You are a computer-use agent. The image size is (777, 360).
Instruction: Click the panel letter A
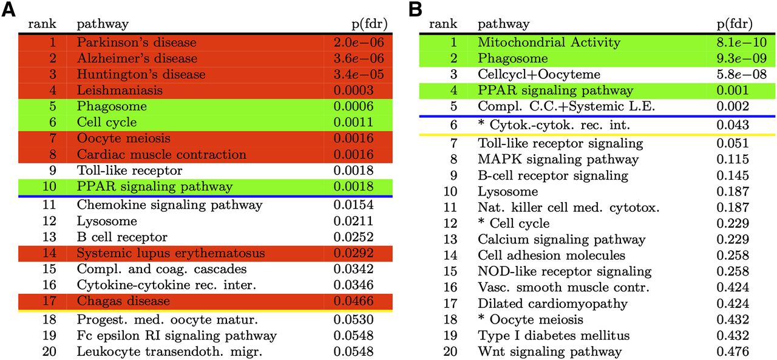click(8, 9)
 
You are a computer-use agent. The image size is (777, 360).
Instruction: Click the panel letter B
click(416, 9)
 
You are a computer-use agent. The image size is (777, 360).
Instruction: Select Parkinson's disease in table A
click(137, 42)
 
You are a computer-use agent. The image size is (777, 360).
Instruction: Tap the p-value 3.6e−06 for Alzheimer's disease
click(359, 58)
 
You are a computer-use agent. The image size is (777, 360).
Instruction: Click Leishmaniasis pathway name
click(120, 90)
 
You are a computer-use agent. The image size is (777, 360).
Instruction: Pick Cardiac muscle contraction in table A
click(161, 154)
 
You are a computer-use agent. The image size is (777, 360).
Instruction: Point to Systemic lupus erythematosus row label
click(171, 253)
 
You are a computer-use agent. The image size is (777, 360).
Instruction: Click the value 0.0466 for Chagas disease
click(353, 301)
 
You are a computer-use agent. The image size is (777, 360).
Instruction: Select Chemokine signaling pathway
click(169, 205)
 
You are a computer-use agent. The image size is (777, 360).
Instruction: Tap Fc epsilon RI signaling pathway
click(177, 336)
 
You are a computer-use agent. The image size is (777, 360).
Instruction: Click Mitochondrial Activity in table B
click(549, 42)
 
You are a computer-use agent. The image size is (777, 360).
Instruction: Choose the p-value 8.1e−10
click(742, 42)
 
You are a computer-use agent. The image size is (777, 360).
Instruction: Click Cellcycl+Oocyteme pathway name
click(538, 74)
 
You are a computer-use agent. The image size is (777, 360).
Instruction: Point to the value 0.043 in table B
click(733, 125)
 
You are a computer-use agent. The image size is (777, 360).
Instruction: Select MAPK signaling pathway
click(558, 160)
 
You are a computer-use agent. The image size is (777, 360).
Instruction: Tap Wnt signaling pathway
click(549, 352)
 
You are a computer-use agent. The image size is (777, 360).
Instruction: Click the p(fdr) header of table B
click(735, 24)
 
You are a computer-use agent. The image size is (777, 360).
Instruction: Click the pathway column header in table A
click(103, 24)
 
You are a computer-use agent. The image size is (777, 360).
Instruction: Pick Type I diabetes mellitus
click(553, 336)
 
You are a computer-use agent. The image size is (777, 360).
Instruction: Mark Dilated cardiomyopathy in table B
click(552, 304)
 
